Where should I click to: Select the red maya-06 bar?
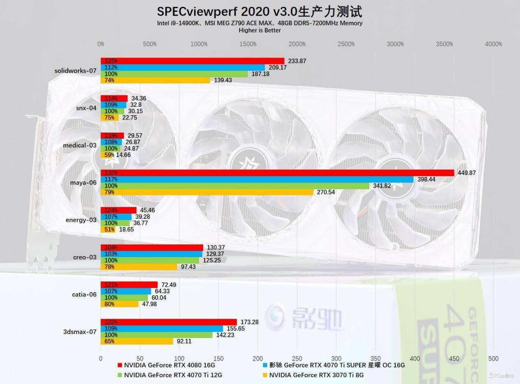coord(277,173)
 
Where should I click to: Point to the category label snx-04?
coord(86,108)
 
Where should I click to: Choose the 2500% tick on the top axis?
coord(346,44)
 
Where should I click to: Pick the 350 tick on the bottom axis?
coord(375,358)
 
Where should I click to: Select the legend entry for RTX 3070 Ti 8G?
coord(316,375)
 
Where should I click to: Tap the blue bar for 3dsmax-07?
coord(162,329)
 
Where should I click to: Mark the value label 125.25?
coord(211,260)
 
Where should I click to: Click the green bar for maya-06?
coord(235,186)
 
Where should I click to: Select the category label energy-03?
coord(81,220)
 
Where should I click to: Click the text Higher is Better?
coord(260,30)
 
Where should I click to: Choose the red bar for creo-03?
coord(152,247)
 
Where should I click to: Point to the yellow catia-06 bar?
coord(119,304)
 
